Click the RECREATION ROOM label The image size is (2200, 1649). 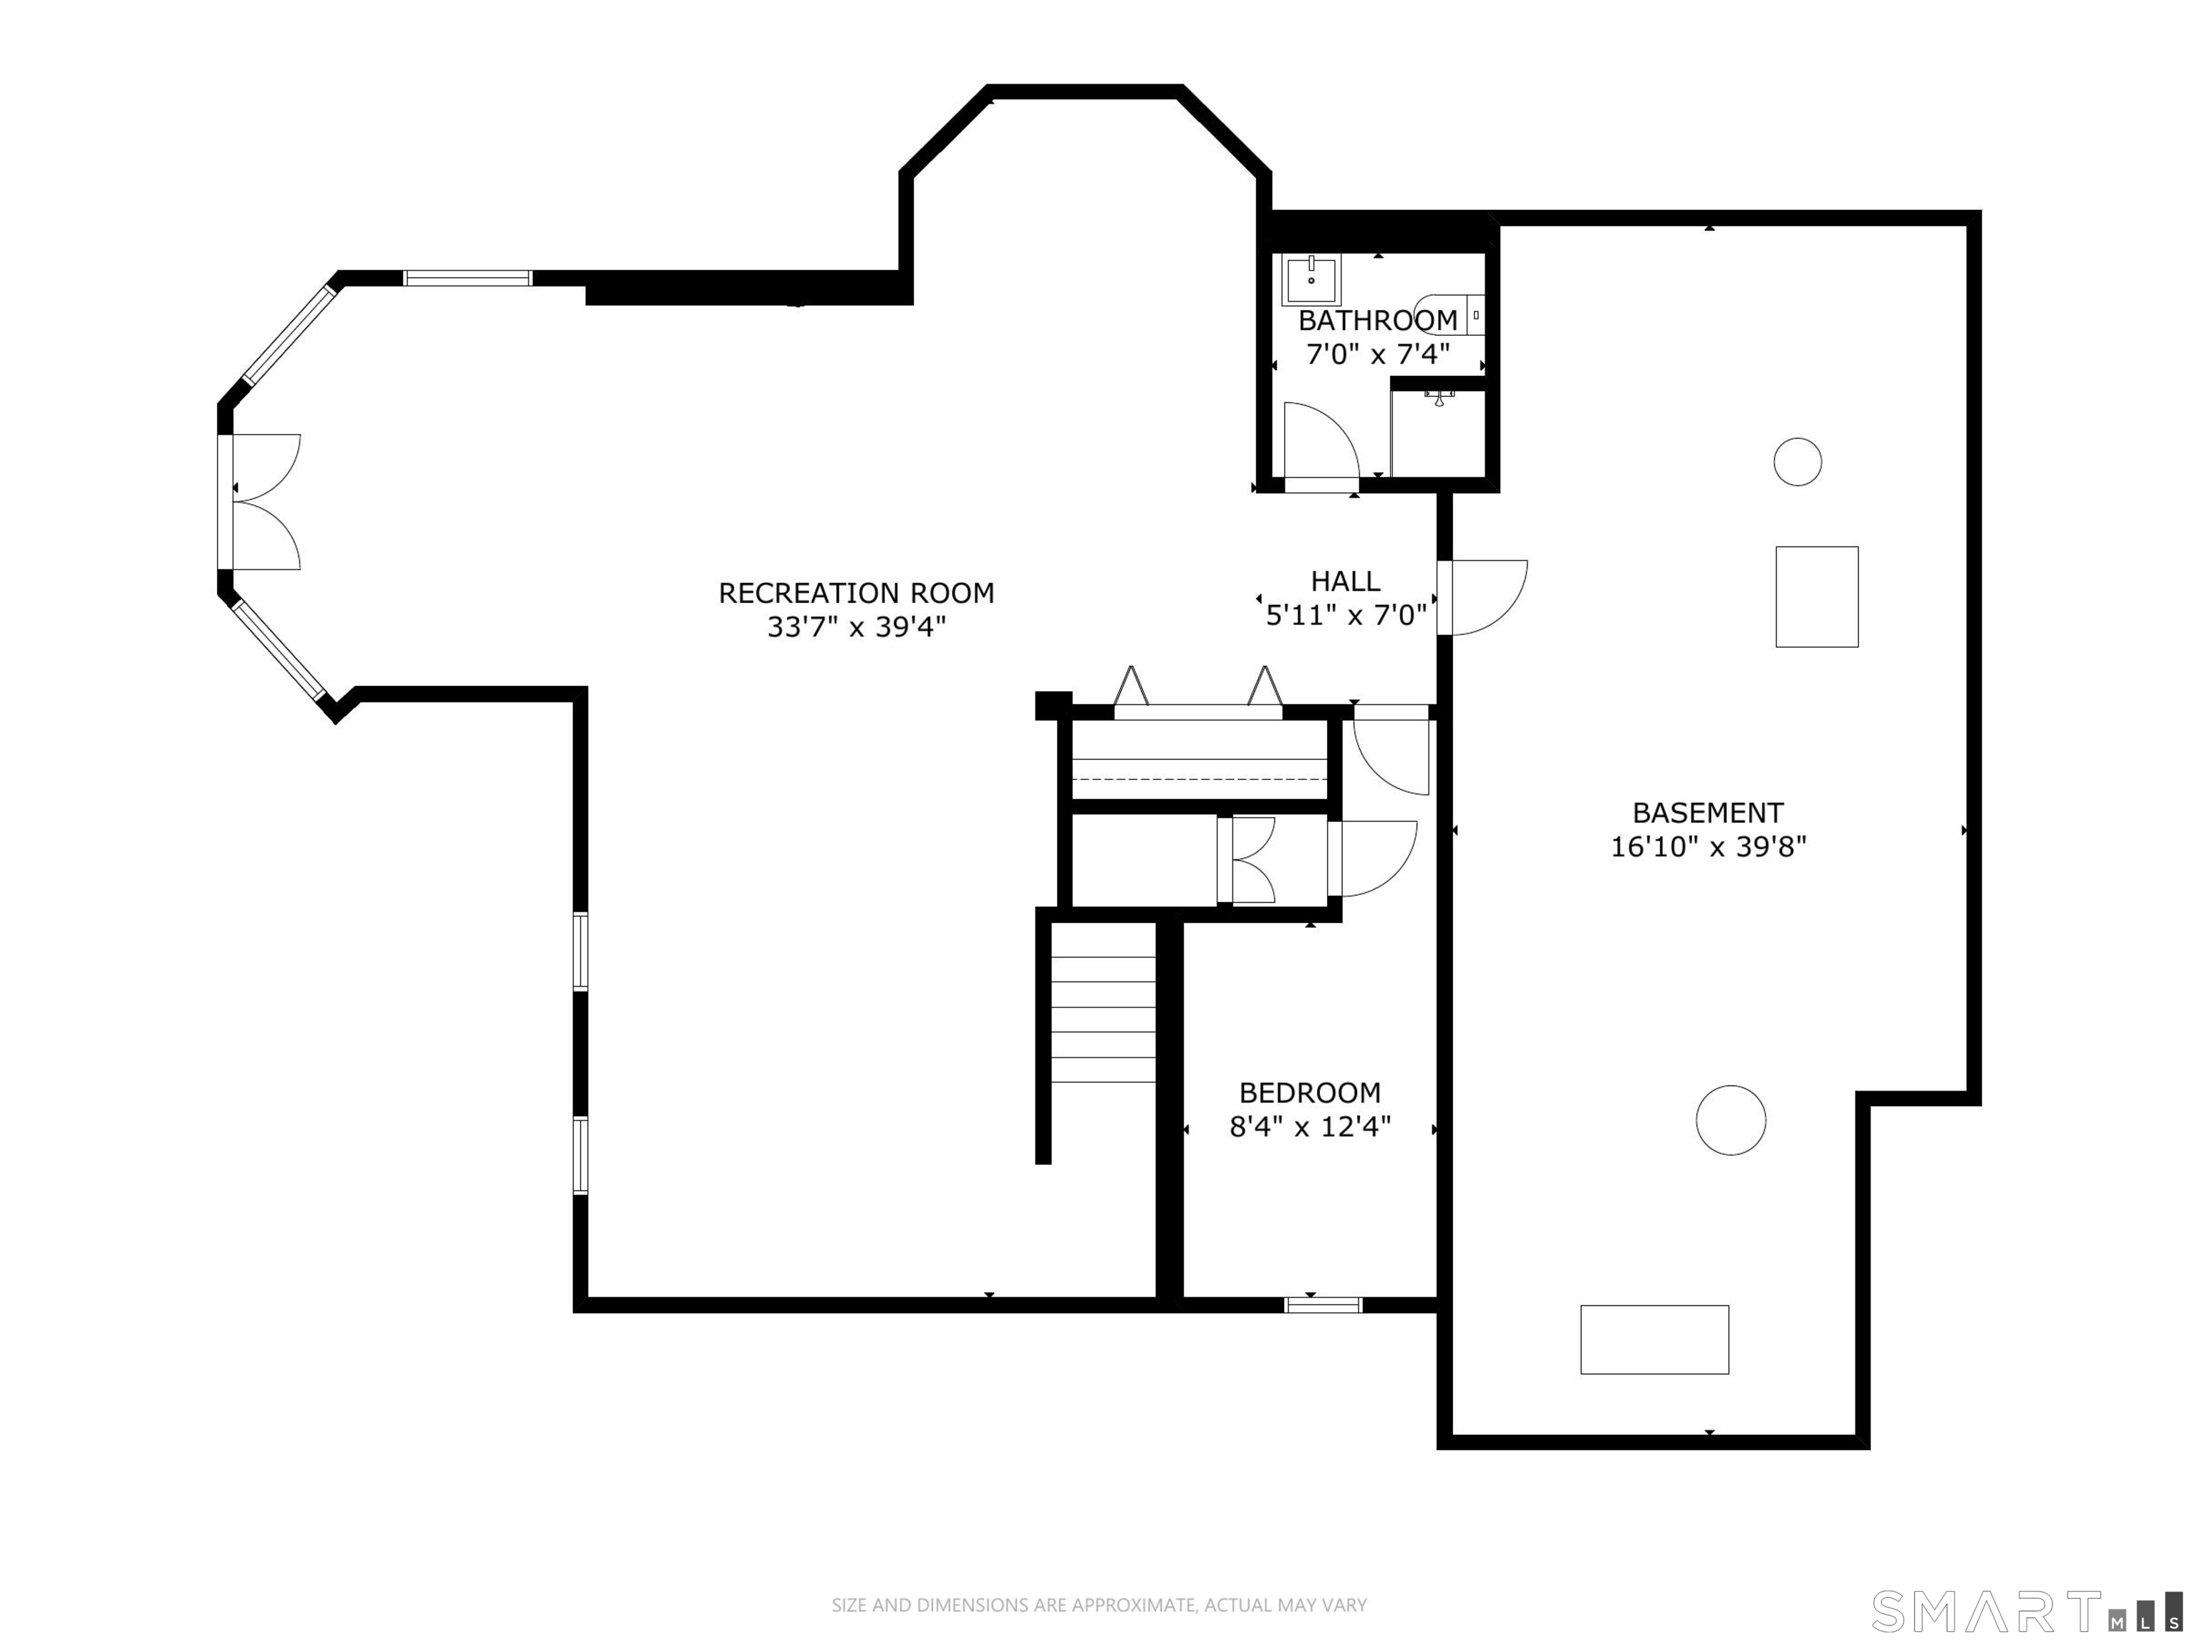click(857, 593)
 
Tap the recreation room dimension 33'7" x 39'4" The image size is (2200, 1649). click(857, 627)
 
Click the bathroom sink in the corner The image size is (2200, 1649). click(1312, 279)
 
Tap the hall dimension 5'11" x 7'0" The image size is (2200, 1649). click(1346, 616)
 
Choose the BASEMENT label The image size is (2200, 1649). click(1708, 813)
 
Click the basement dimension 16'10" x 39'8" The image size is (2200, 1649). click(1708, 846)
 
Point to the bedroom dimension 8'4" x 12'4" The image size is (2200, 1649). click(1310, 1127)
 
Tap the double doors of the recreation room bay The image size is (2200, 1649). click(261, 501)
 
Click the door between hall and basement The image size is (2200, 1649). click(1482, 596)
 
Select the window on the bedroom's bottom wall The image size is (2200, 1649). click(1323, 1305)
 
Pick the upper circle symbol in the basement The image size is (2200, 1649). click(1798, 462)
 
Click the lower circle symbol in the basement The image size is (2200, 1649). click(1730, 1120)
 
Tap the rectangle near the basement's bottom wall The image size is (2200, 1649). click(1655, 1340)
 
